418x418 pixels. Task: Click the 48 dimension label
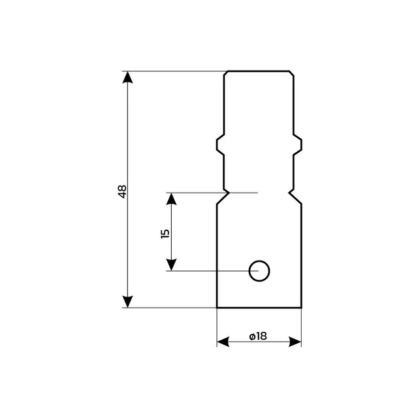(x=121, y=191)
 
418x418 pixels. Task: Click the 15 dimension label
(x=165, y=233)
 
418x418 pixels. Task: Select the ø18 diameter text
(x=258, y=336)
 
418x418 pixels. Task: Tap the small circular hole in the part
(x=259, y=270)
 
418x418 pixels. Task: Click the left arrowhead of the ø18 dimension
(x=223, y=342)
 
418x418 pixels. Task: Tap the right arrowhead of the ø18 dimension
(x=295, y=342)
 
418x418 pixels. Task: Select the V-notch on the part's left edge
(x=226, y=193)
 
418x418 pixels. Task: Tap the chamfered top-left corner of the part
(x=225, y=72)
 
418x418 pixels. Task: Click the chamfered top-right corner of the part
(x=291, y=72)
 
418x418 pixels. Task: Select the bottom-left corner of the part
(x=217, y=308)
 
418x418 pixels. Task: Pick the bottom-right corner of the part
(x=302, y=308)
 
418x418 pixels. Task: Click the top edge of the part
(x=259, y=71)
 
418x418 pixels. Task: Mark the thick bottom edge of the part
(x=259, y=308)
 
